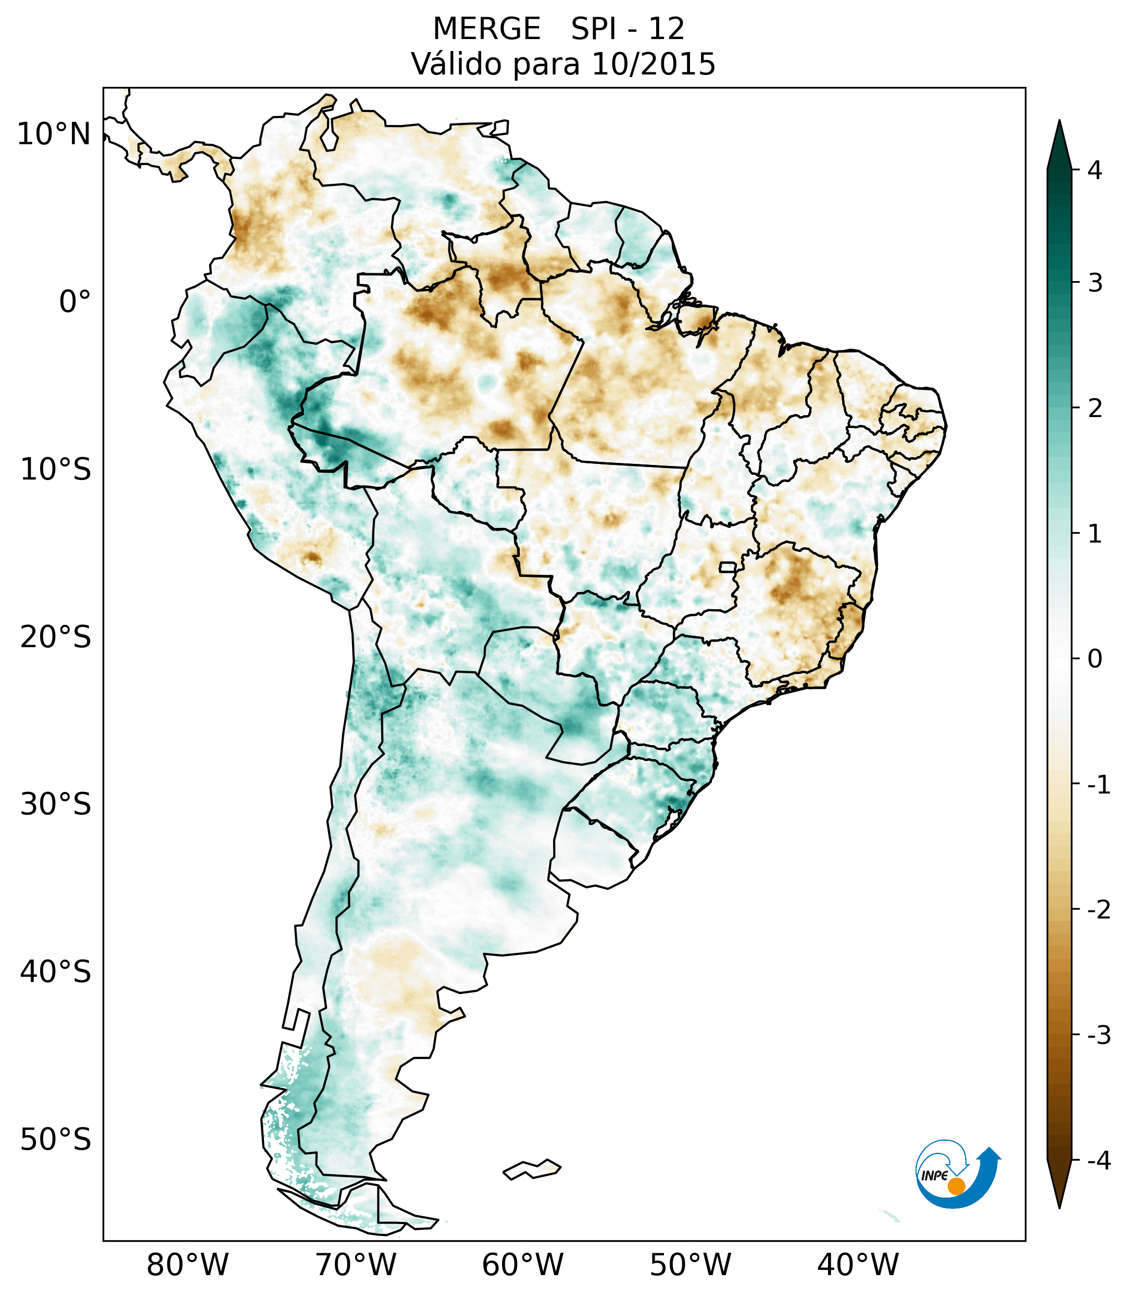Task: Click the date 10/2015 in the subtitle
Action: point(653,64)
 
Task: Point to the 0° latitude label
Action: point(75,302)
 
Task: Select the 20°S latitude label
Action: point(56,637)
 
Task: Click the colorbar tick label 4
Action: point(1095,170)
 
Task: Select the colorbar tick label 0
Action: point(1095,659)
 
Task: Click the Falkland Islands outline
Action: point(532,1169)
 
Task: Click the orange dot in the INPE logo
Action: point(956,1187)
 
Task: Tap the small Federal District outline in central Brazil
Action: point(728,566)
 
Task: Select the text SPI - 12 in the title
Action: point(628,29)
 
